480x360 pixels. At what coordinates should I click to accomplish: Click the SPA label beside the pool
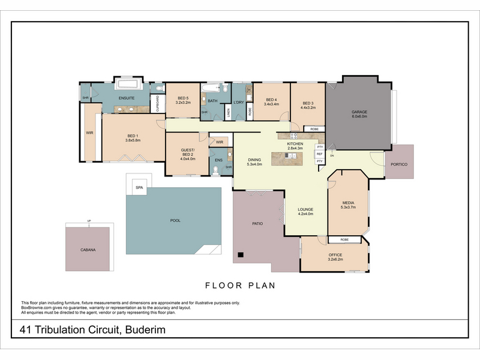click(139, 188)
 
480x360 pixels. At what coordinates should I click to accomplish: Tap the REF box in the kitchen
click(319, 154)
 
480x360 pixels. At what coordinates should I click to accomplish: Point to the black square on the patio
click(241, 255)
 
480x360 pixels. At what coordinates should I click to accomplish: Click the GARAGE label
click(359, 112)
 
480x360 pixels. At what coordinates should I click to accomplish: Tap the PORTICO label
click(399, 164)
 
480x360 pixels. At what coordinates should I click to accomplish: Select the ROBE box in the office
click(344, 239)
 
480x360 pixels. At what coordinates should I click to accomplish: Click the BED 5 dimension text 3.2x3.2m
click(182, 103)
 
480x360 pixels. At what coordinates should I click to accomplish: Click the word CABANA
click(88, 249)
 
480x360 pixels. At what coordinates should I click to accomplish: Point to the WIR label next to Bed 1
click(89, 133)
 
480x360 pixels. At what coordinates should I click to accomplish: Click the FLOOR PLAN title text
click(240, 286)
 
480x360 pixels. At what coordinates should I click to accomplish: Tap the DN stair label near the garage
click(332, 156)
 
